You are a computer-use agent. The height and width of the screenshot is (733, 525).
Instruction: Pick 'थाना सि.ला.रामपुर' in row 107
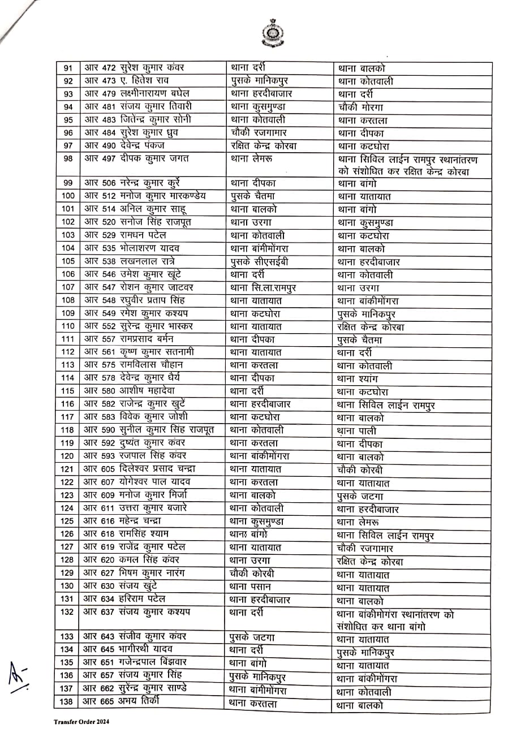click(263, 287)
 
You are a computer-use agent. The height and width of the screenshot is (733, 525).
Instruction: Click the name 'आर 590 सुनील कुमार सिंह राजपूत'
click(149, 430)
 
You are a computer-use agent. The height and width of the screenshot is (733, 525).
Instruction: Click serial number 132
click(67, 612)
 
